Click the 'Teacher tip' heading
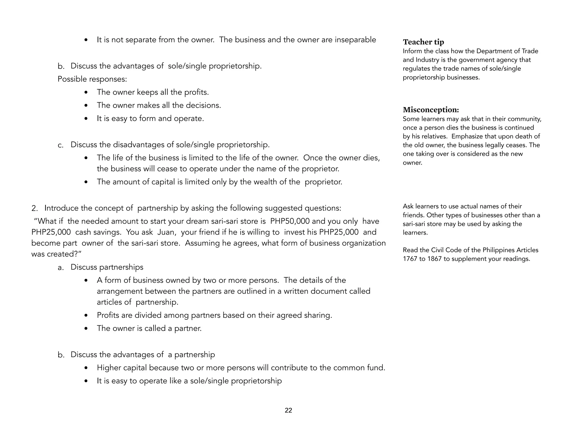tap(423, 42)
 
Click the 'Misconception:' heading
tap(431, 110)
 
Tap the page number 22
tap(288, 410)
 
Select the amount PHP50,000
tap(290, 221)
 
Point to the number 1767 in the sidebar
tap(410, 259)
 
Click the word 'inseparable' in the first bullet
tap(355, 40)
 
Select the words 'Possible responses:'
tap(92, 79)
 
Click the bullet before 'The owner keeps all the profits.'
tap(86, 92)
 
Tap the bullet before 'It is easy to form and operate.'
tap(86, 119)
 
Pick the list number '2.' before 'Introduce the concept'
tap(34, 208)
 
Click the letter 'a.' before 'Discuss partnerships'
tap(61, 267)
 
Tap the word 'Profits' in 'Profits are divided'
tap(108, 315)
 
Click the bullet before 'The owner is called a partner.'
tap(86, 329)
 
